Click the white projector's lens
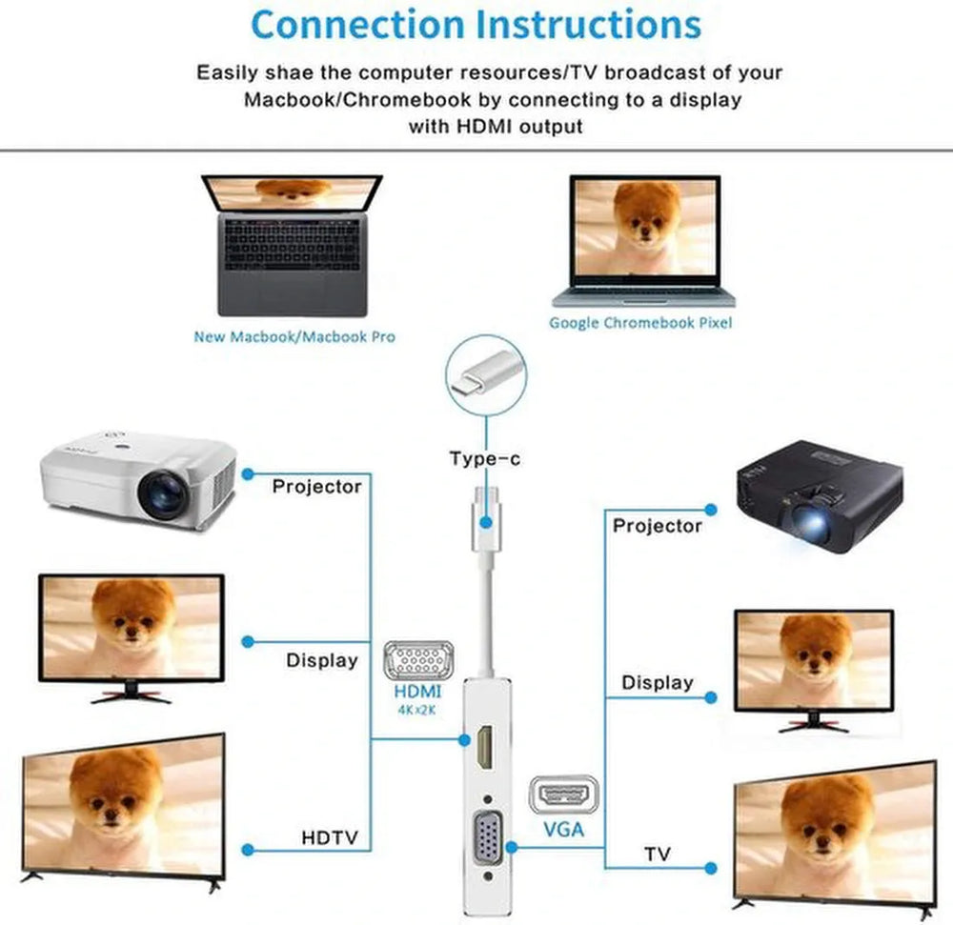coord(163,494)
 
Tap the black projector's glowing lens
coord(809,522)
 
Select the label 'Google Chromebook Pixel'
coord(640,323)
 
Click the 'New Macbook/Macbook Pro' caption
coord(294,336)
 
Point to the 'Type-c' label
coord(485,458)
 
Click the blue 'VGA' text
coord(563,829)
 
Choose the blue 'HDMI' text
coord(417,692)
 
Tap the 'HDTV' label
coord(330,837)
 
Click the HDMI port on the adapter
coord(485,748)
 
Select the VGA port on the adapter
coord(488,838)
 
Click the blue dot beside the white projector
coord(248,473)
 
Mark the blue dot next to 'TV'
coord(710,869)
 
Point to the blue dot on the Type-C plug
coord(486,522)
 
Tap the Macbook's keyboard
coord(293,245)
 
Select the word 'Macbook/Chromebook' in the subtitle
coord(357,100)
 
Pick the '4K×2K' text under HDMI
coord(417,710)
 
